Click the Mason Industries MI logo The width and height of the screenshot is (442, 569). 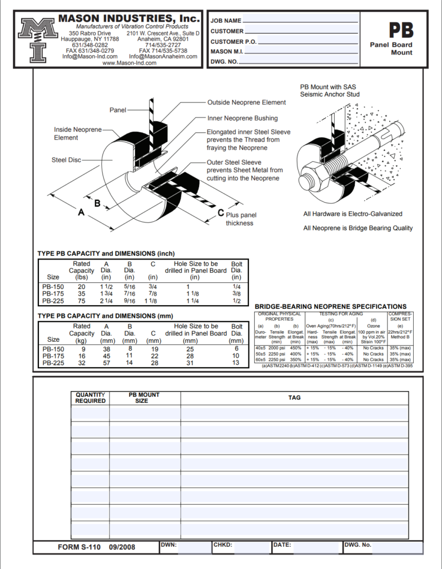click(38, 40)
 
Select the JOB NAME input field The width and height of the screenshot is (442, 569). click(300, 21)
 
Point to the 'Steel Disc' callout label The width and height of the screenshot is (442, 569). click(66, 160)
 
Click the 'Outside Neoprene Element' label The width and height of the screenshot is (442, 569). click(246, 102)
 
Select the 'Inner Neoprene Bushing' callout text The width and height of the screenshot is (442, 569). click(242, 118)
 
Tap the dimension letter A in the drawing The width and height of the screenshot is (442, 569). click(81, 212)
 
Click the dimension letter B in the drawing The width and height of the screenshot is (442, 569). click(97, 203)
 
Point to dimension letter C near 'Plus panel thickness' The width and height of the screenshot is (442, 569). click(221, 213)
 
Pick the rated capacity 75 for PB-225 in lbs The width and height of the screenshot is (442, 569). click(82, 301)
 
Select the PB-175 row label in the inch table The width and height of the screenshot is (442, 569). click(53, 294)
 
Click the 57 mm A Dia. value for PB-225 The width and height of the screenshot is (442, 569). click(107, 363)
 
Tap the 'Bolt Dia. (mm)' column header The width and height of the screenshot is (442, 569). click(236, 333)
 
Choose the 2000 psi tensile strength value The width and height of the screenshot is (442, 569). click(276, 348)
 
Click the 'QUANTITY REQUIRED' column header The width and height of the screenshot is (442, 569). click(91, 398)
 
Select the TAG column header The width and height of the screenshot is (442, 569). click(294, 398)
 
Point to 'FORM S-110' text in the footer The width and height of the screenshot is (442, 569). click(80, 547)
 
